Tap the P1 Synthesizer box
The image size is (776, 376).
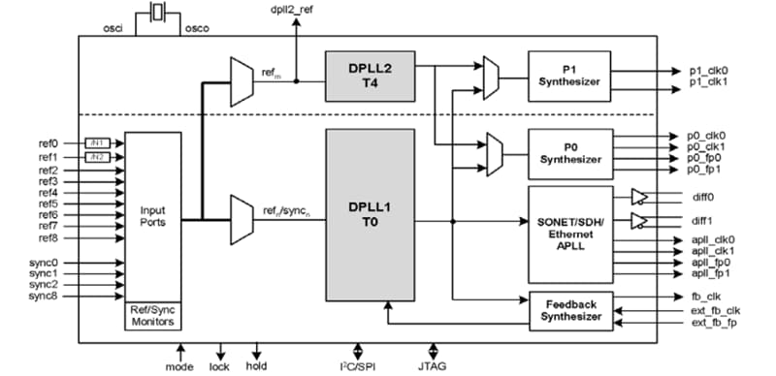click(x=569, y=77)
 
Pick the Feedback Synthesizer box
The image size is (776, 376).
click(x=569, y=309)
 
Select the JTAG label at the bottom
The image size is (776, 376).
click(x=434, y=367)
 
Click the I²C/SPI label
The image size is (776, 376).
click(x=359, y=367)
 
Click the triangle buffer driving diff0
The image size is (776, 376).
click(x=639, y=197)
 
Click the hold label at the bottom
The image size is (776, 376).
click(x=258, y=367)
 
